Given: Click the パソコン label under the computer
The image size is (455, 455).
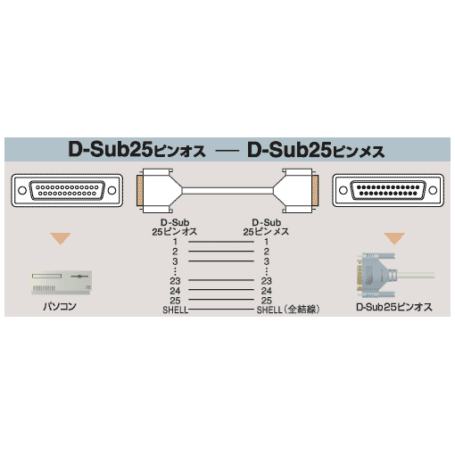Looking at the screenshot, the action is (60, 306).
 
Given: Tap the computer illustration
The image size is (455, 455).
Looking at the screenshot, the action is (62, 283).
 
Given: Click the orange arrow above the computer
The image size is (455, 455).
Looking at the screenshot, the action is (61, 238).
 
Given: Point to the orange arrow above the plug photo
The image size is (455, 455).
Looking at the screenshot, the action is (394, 238).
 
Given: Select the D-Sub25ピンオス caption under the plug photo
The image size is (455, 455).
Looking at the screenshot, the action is (394, 307).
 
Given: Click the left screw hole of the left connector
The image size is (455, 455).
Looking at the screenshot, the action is (22, 190).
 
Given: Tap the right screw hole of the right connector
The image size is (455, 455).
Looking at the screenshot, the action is (433, 190).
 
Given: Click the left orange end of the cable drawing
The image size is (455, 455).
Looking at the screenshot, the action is (139, 190).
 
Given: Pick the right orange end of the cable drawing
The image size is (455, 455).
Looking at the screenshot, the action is (315, 190).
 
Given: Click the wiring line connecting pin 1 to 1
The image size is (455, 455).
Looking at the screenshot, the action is (221, 242).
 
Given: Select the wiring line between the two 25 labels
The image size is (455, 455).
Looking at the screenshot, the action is (221, 300).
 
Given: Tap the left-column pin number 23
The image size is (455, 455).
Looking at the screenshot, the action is (175, 281).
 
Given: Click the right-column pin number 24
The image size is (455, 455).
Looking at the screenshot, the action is (267, 291).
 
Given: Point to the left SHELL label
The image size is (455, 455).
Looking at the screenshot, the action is (176, 310).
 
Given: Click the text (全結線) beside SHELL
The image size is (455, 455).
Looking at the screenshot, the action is (301, 310).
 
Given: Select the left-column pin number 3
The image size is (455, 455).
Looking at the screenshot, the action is (175, 261).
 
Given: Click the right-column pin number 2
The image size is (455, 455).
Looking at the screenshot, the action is (267, 252).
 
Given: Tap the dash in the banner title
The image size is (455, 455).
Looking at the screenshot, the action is (227, 151).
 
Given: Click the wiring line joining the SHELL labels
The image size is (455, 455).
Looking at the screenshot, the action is (222, 310).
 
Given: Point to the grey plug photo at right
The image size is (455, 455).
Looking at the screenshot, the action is (395, 275).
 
